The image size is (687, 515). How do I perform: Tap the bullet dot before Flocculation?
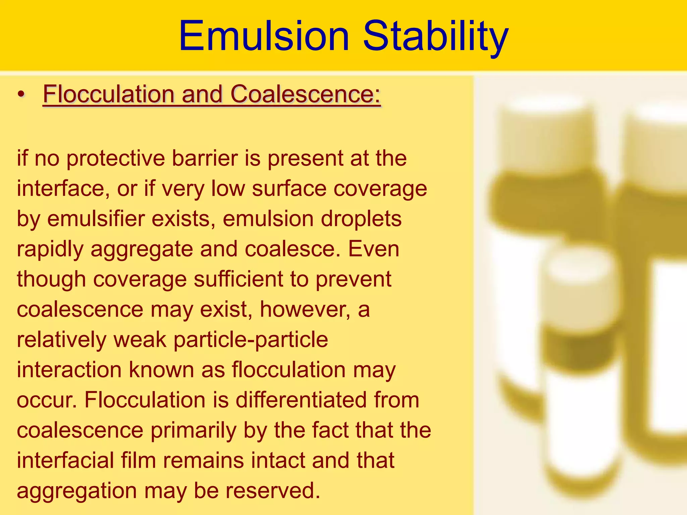click(x=21, y=95)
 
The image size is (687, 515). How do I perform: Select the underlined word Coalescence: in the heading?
click(x=305, y=94)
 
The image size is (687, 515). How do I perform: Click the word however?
click(x=305, y=309)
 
